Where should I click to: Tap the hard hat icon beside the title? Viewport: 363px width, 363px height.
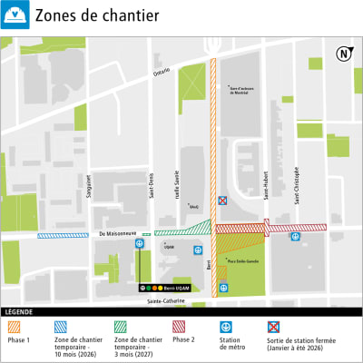[16, 15]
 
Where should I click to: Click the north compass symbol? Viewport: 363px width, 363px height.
[343, 53]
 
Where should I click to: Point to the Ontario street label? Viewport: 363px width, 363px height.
[162, 71]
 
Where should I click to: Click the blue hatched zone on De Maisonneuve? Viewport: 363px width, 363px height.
[63, 235]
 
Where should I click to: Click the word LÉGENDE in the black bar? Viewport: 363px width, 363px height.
[19, 311]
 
